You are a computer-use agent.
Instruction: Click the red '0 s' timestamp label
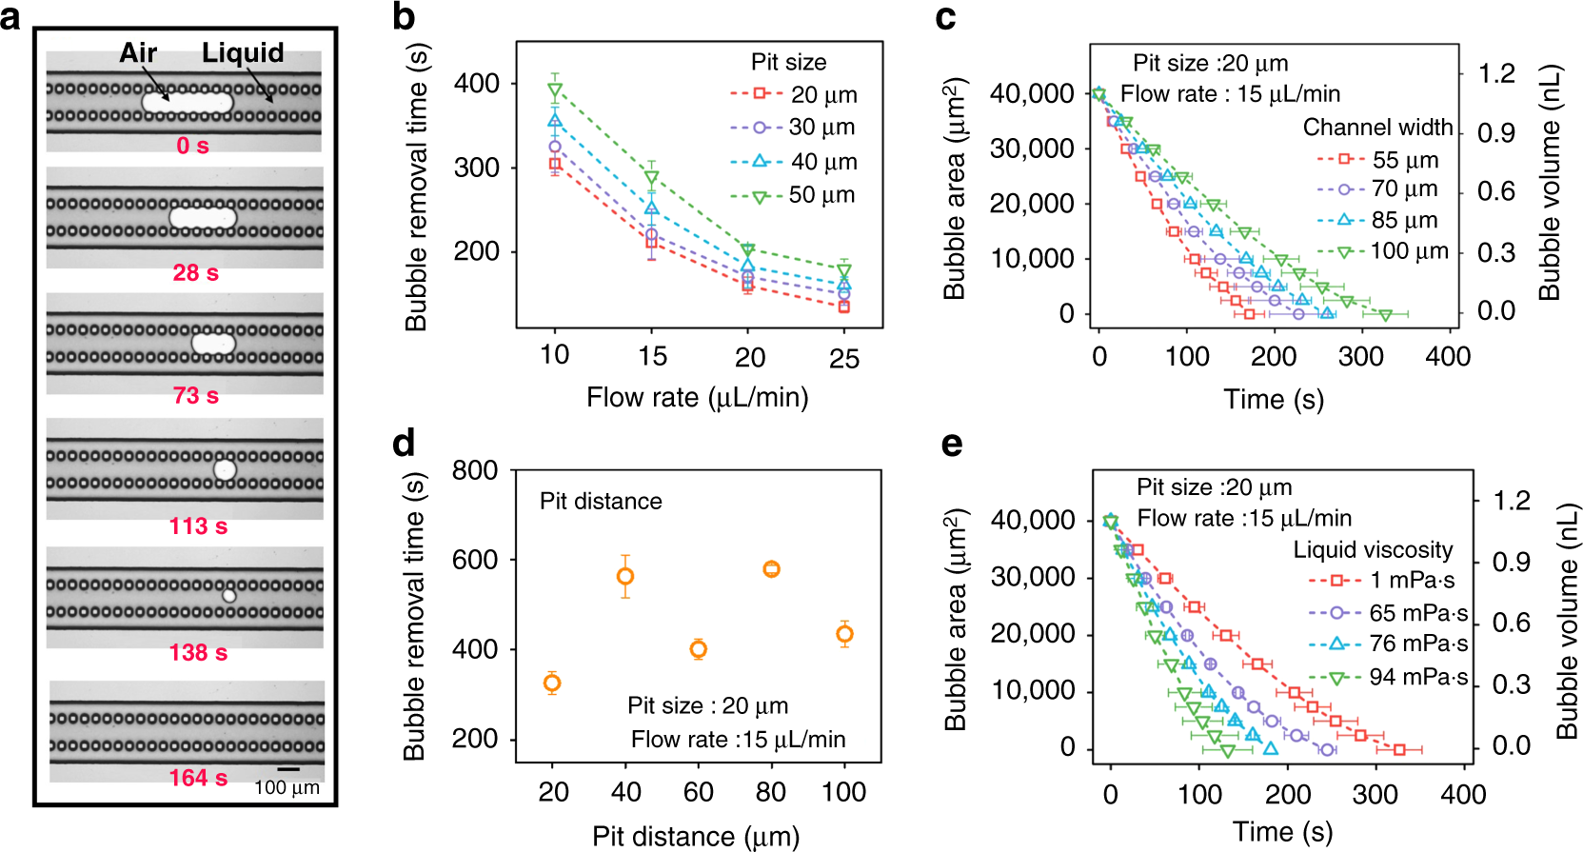(192, 146)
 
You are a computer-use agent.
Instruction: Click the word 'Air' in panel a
(138, 53)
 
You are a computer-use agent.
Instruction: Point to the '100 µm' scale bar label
(287, 788)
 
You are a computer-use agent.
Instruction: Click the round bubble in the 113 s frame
(225, 468)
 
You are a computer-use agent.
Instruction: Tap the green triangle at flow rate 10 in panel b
(555, 91)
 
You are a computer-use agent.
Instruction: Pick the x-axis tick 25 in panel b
(844, 359)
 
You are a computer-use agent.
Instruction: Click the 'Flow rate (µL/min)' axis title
(697, 397)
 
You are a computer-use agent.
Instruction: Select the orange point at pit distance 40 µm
(625, 576)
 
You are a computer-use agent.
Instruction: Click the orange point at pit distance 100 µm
(844, 634)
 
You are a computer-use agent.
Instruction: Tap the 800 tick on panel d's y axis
(474, 470)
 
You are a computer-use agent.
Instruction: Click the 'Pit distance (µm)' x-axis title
(696, 836)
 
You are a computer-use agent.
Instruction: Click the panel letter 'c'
(946, 17)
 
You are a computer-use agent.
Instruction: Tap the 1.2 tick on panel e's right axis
(1512, 501)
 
